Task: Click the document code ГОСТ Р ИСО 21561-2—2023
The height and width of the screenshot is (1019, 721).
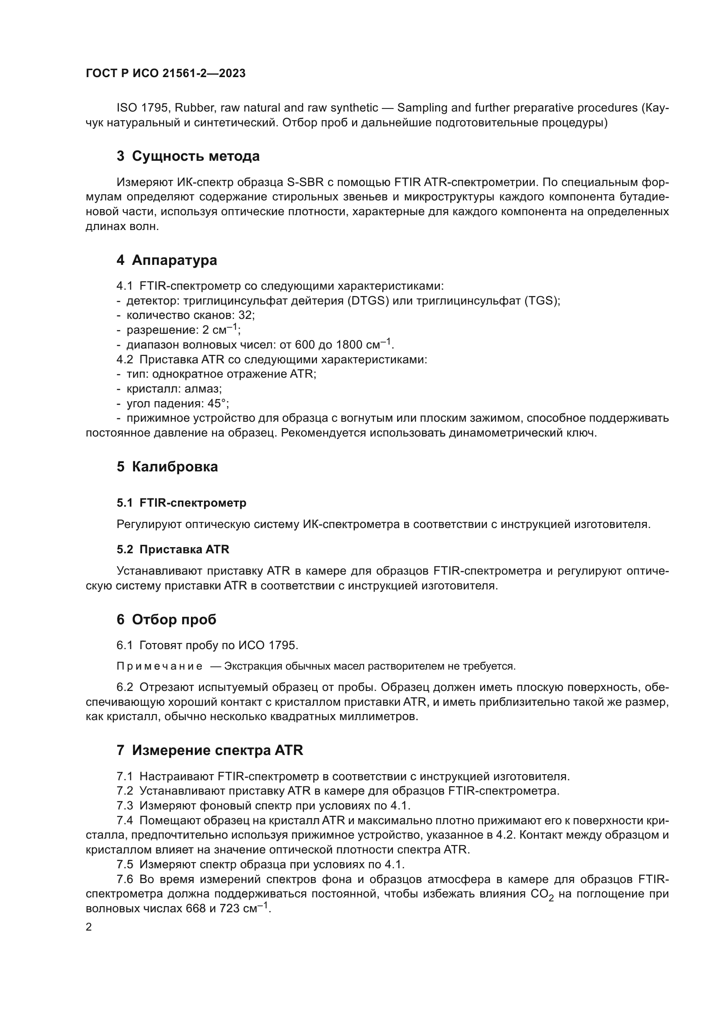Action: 165,74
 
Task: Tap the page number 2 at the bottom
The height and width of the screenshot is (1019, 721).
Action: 89,927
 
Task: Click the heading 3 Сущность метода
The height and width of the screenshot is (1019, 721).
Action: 188,156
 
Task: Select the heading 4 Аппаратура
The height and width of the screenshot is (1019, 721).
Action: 167,260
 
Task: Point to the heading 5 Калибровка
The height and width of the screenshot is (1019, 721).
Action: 167,467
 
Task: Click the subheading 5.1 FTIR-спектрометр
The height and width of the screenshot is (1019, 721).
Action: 181,503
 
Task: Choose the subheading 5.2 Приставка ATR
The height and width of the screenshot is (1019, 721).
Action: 173,549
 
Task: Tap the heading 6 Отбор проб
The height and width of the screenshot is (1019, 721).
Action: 166,620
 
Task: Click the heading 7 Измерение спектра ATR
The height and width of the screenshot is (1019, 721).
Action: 210,751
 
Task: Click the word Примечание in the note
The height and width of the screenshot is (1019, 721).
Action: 160,666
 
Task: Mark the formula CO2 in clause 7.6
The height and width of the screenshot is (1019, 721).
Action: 542,894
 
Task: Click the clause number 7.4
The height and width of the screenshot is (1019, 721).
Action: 125,821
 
